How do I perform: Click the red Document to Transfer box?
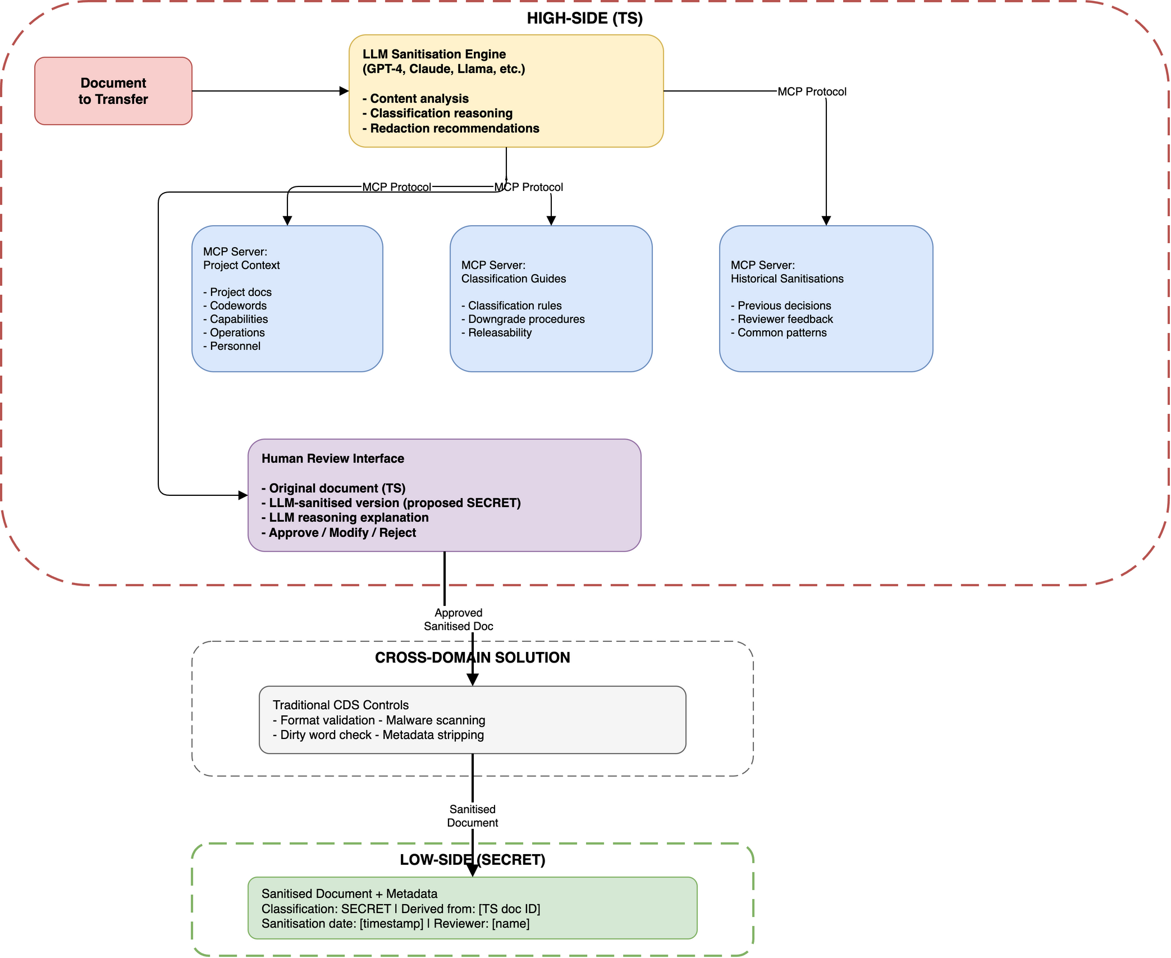pos(113,91)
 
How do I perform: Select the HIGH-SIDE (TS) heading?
pos(584,18)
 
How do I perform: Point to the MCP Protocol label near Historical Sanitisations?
pos(811,92)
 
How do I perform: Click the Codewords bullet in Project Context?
pos(237,305)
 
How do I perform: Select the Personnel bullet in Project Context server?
pos(235,346)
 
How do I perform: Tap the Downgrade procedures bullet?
pos(525,319)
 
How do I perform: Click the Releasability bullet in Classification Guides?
pos(499,332)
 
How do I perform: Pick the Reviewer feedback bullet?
pos(784,319)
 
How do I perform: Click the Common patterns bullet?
pos(781,332)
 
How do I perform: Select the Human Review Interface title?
pos(332,458)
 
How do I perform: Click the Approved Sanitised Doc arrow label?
pos(458,619)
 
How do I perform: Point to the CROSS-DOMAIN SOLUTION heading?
pos(472,658)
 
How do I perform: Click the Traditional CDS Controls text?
pos(340,705)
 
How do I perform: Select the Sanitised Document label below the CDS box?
pos(472,816)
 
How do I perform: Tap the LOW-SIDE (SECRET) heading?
pos(472,860)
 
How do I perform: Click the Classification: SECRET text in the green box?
pos(326,909)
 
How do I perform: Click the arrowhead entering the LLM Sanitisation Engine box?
pos(344,91)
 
